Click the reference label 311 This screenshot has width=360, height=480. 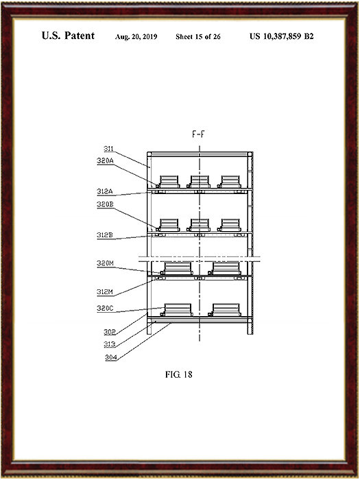pyautogui.click(x=108, y=149)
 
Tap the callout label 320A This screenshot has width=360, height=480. pyautogui.click(x=105, y=160)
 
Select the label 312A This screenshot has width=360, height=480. pyautogui.click(x=105, y=191)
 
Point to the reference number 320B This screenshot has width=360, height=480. pyautogui.click(x=105, y=204)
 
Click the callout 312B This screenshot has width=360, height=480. pyautogui.click(x=105, y=235)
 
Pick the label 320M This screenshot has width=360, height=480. pyautogui.click(x=105, y=263)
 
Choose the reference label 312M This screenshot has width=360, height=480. pyautogui.click(x=105, y=292)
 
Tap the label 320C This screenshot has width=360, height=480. pyautogui.click(x=105, y=309)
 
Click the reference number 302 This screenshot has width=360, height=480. pyautogui.click(x=110, y=332)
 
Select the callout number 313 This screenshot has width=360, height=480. pyautogui.click(x=110, y=344)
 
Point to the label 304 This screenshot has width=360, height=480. pyautogui.click(x=111, y=357)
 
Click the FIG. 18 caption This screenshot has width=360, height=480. pyautogui.click(x=179, y=374)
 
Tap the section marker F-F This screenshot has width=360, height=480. pyautogui.click(x=198, y=134)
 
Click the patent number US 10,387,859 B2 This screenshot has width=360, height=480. pyautogui.click(x=281, y=36)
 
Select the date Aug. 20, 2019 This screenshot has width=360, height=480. pyautogui.click(x=136, y=37)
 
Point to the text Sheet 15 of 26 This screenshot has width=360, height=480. pyautogui.click(x=198, y=37)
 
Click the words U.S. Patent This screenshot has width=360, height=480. pyautogui.click(x=68, y=36)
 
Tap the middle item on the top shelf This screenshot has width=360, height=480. pyautogui.click(x=199, y=182)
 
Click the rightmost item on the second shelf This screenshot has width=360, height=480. pyautogui.click(x=229, y=225)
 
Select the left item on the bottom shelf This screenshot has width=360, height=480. pyautogui.click(x=177, y=310)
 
